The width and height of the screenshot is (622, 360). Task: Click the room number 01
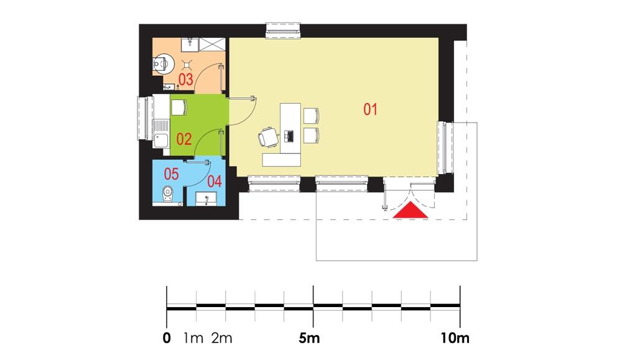click(x=371, y=109)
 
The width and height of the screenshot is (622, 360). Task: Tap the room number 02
click(x=183, y=139)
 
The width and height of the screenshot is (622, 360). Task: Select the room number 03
click(x=185, y=80)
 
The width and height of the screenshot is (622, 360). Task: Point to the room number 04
click(x=215, y=182)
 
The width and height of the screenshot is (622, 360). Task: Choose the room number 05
click(x=171, y=172)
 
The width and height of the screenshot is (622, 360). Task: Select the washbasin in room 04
click(x=206, y=200)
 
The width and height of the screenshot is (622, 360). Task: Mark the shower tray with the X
click(x=212, y=44)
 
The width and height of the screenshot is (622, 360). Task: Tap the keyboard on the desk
click(x=289, y=135)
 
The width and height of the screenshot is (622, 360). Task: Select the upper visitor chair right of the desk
click(x=310, y=115)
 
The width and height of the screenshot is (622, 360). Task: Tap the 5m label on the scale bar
click(x=309, y=339)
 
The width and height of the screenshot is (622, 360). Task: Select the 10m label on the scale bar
click(x=455, y=339)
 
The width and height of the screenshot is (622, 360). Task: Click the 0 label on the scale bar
click(x=167, y=339)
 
